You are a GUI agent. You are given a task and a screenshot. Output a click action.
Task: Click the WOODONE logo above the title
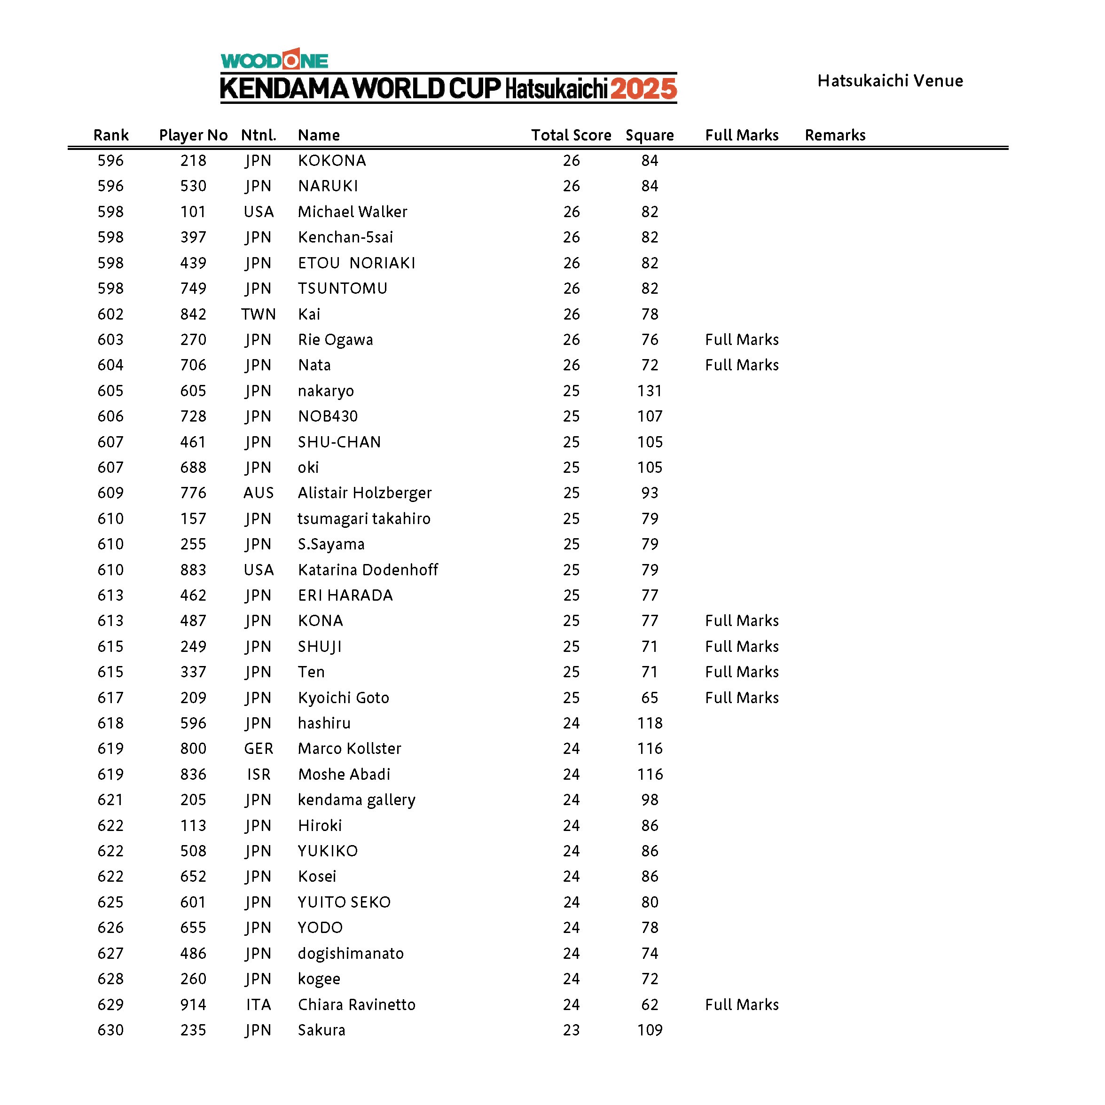click(x=274, y=60)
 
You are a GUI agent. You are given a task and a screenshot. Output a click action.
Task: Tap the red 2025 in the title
click(x=643, y=89)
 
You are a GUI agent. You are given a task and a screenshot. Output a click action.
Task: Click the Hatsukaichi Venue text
click(x=890, y=81)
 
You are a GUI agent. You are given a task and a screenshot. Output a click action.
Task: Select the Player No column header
click(x=193, y=135)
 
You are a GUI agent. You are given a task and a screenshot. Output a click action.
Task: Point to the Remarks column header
click(x=835, y=135)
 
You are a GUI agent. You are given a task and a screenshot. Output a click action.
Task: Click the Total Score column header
click(x=571, y=135)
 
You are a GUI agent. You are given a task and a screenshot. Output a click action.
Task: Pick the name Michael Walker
click(x=353, y=212)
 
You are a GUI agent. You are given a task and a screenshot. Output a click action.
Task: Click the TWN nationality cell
click(x=259, y=314)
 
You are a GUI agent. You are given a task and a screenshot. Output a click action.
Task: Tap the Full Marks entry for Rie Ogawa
click(x=742, y=340)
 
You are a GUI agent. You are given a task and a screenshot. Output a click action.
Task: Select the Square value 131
click(x=650, y=391)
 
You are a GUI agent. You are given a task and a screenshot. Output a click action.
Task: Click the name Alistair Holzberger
click(x=364, y=493)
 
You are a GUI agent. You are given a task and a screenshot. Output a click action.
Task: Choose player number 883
click(x=193, y=570)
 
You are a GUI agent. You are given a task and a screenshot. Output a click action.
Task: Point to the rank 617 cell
click(x=110, y=698)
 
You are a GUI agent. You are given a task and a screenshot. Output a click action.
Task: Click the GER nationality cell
click(x=259, y=749)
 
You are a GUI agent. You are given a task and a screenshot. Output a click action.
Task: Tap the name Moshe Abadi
click(x=344, y=775)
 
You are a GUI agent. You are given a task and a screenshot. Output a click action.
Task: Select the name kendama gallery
click(x=356, y=800)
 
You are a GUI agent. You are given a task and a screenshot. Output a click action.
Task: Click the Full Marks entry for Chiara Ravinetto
click(x=742, y=1005)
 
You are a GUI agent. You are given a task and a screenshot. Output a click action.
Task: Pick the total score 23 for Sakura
click(x=571, y=1030)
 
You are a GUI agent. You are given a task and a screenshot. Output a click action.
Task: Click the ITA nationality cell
click(x=259, y=1005)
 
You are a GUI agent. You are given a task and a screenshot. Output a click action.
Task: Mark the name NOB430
click(x=328, y=416)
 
